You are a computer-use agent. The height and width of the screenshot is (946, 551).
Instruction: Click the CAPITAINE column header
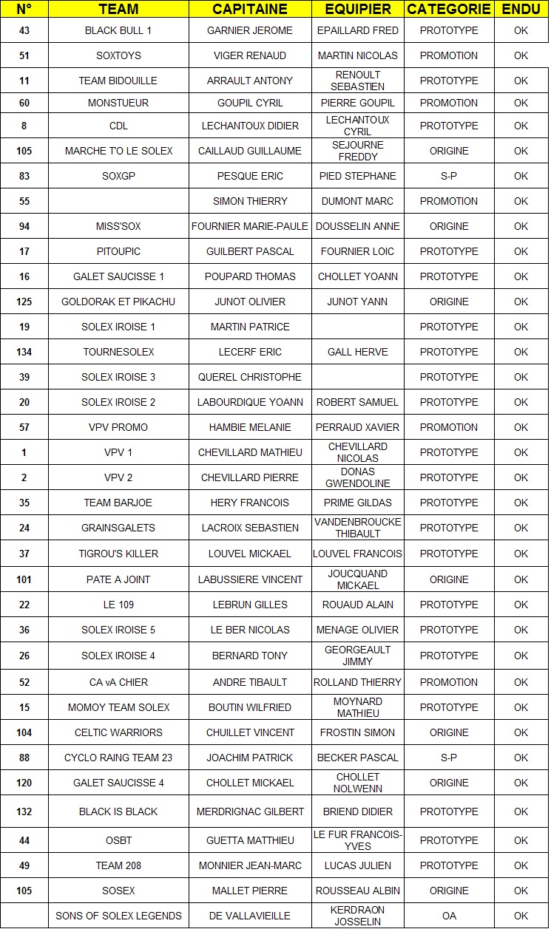(250, 10)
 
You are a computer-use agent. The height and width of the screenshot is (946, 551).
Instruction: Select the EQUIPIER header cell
(358, 10)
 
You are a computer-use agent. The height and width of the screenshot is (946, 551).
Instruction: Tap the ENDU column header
(521, 10)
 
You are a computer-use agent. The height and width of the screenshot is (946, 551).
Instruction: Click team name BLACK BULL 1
(118, 30)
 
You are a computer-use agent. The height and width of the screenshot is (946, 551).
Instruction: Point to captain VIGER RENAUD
(250, 55)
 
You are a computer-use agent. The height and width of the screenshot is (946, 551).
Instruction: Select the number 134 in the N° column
(24, 352)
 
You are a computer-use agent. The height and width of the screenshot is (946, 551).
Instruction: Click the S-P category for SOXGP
(449, 176)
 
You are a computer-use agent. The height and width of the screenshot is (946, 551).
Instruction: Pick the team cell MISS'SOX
(118, 226)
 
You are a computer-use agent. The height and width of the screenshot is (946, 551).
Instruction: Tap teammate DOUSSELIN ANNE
(358, 226)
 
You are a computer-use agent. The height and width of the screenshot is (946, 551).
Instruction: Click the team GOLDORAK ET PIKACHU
(118, 302)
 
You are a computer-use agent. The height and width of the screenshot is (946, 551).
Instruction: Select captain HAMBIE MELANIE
(250, 427)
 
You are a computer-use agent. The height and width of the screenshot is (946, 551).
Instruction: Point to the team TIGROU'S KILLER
(118, 554)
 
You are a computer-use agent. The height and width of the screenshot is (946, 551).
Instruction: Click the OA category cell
(449, 916)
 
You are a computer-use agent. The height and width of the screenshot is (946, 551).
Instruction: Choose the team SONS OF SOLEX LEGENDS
(118, 916)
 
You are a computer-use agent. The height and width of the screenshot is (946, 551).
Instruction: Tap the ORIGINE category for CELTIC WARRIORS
(449, 732)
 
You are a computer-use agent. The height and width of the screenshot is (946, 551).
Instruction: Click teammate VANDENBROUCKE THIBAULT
(358, 528)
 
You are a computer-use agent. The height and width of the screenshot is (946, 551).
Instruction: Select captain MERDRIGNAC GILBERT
(250, 811)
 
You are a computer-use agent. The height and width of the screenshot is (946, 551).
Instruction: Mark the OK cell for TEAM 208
(521, 865)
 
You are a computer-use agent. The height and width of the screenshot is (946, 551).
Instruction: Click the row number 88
(24, 758)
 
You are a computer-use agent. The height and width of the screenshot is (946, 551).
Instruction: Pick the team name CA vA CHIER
(118, 682)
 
